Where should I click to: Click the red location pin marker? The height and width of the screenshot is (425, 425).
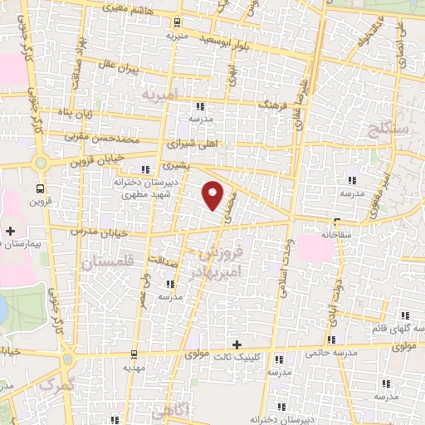click(214, 194)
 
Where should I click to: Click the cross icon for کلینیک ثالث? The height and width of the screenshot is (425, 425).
click(237, 344)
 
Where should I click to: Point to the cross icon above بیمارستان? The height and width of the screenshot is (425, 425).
click(10, 231)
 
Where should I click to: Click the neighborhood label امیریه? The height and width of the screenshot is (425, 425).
click(159, 96)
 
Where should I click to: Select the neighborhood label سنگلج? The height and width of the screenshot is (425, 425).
click(383, 129)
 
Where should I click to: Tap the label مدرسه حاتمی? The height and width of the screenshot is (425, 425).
click(333, 352)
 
